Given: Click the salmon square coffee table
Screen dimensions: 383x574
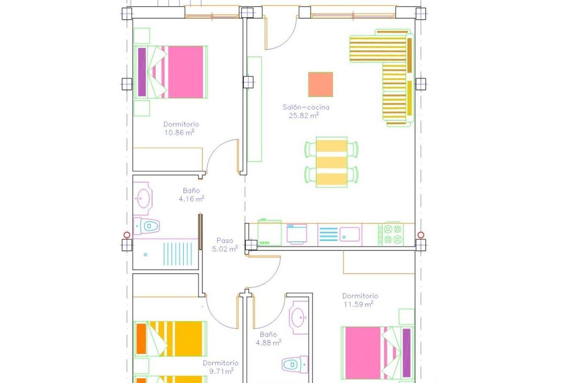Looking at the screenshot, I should point(320,84).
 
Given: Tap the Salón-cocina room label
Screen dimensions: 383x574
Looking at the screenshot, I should point(306,107).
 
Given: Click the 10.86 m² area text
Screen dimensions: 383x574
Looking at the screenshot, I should point(179,132).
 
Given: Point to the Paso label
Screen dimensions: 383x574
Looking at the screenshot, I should point(224,241).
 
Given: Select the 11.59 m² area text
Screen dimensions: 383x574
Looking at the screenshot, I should point(358,304).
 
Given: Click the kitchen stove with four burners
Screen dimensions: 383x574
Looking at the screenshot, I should point(391,235).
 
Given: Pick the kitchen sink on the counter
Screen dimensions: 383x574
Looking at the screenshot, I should point(350,235).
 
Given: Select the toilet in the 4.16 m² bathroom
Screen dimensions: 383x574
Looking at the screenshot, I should point(147,225).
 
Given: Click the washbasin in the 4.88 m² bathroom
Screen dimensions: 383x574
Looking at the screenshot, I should point(299,316).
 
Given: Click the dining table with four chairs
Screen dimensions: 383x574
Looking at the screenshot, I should point(331,162).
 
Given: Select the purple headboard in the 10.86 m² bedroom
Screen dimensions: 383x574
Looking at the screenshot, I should point(142,72).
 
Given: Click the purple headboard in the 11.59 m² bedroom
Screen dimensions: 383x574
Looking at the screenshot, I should point(407,353).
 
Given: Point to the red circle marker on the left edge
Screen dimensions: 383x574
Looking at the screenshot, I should point(127,235).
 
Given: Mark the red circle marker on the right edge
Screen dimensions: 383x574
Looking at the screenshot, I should point(420,235).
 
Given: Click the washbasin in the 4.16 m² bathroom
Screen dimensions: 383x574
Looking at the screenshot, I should point(143,197).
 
